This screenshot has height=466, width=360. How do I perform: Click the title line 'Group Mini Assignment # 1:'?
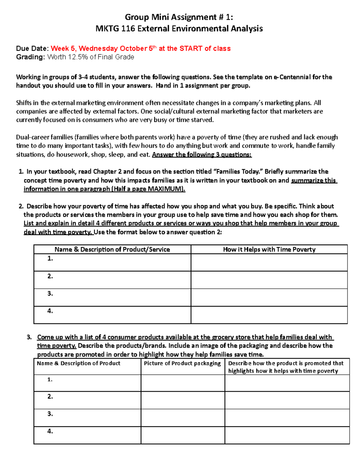[x=179, y=17]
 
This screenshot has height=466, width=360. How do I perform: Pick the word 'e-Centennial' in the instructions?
[x=292, y=77]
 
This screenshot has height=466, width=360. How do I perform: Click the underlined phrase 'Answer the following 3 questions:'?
[x=202, y=155]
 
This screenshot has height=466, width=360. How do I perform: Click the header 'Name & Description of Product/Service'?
[x=112, y=249]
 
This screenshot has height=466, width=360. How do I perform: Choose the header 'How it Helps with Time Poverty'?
[x=269, y=249]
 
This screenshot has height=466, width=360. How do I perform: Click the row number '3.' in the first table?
[x=50, y=294]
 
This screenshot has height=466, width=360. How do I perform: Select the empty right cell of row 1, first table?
[x=269, y=263]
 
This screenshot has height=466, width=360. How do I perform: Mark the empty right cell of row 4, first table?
[x=269, y=315]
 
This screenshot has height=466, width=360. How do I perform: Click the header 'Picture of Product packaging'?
[x=182, y=363]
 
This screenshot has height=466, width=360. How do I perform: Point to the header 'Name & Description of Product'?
[x=79, y=363]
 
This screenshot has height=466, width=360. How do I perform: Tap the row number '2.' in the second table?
[x=50, y=397]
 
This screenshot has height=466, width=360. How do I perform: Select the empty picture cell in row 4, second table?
[x=183, y=435]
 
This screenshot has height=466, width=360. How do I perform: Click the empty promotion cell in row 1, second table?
[x=287, y=383]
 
